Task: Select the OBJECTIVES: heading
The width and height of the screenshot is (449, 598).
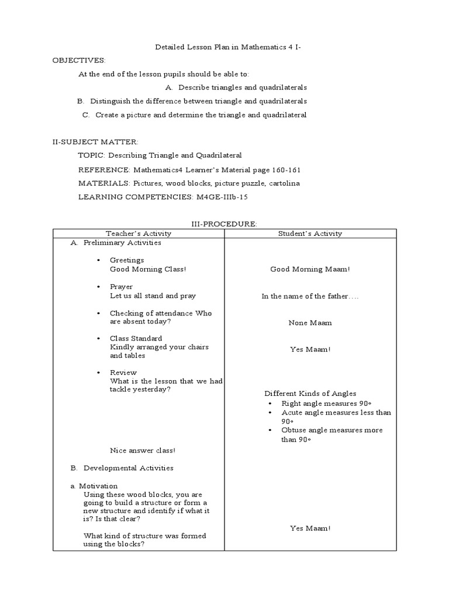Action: [79, 60]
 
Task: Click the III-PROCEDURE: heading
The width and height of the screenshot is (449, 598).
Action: [224, 224]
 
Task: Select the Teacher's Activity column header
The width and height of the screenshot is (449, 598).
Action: [139, 233]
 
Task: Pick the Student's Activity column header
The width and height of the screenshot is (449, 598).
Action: [310, 233]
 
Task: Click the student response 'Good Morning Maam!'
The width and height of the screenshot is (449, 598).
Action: [310, 269]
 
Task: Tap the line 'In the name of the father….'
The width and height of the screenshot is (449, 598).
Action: [310, 296]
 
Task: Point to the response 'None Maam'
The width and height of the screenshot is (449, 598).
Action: [310, 322]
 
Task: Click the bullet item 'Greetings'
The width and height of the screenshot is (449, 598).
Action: [127, 260]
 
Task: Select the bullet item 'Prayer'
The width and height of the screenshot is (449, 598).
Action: [121, 287]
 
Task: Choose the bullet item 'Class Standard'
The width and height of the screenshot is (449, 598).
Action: [136, 338]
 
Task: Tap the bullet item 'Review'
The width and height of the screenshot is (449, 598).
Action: [123, 372]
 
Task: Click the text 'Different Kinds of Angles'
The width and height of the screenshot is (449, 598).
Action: [310, 394]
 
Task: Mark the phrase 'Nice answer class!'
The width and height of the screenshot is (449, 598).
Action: [143, 450]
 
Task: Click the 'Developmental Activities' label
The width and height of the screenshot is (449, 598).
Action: [128, 468]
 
